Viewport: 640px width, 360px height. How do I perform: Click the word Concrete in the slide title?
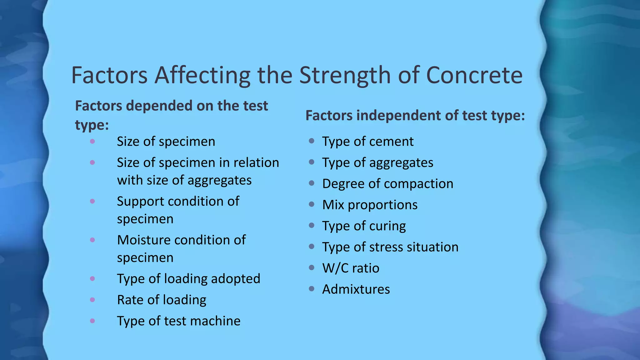[474, 75]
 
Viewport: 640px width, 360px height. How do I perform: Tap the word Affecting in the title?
[202, 75]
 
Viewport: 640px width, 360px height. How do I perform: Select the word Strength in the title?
[345, 75]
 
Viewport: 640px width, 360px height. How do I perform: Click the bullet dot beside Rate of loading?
[92, 300]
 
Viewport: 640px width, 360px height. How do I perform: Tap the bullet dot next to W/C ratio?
[311, 267]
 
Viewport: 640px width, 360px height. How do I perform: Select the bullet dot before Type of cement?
[311, 141]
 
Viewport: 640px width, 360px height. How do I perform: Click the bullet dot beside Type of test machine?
[92, 321]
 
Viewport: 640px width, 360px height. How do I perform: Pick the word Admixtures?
[356, 289]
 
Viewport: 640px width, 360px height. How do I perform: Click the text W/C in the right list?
[335, 268]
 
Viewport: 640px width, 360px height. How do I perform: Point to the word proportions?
[382, 205]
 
